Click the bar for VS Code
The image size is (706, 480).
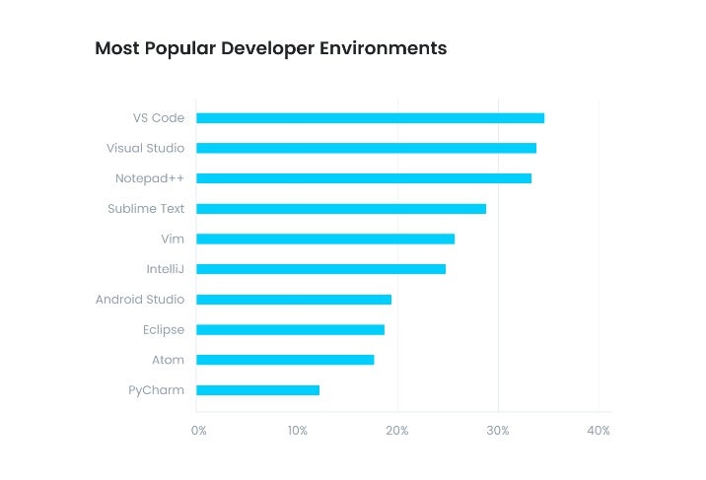pyautogui.click(x=370, y=118)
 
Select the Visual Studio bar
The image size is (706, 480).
pyautogui.click(x=366, y=148)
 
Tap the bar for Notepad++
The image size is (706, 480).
pyautogui.click(x=364, y=178)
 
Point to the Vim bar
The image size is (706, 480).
pyautogui.click(x=325, y=239)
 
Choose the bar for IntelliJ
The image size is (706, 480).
pyautogui.click(x=320, y=269)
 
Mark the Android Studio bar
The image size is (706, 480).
pyautogui.click(x=294, y=300)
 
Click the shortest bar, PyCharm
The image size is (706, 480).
pyautogui.click(x=257, y=390)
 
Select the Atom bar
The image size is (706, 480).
pyautogui.click(x=285, y=360)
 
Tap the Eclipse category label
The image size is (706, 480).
pyautogui.click(x=163, y=330)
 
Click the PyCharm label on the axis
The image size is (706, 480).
pyautogui.click(x=156, y=390)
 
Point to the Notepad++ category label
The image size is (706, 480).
pyautogui.click(x=149, y=178)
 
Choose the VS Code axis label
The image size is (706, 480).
pyautogui.click(x=159, y=118)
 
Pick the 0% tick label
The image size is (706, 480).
pyautogui.click(x=199, y=431)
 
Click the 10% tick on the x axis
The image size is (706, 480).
pyautogui.click(x=298, y=431)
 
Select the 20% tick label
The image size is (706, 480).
pyautogui.click(x=397, y=431)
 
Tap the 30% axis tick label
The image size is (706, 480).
pyautogui.click(x=498, y=431)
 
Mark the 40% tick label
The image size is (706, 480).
pyautogui.click(x=599, y=431)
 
